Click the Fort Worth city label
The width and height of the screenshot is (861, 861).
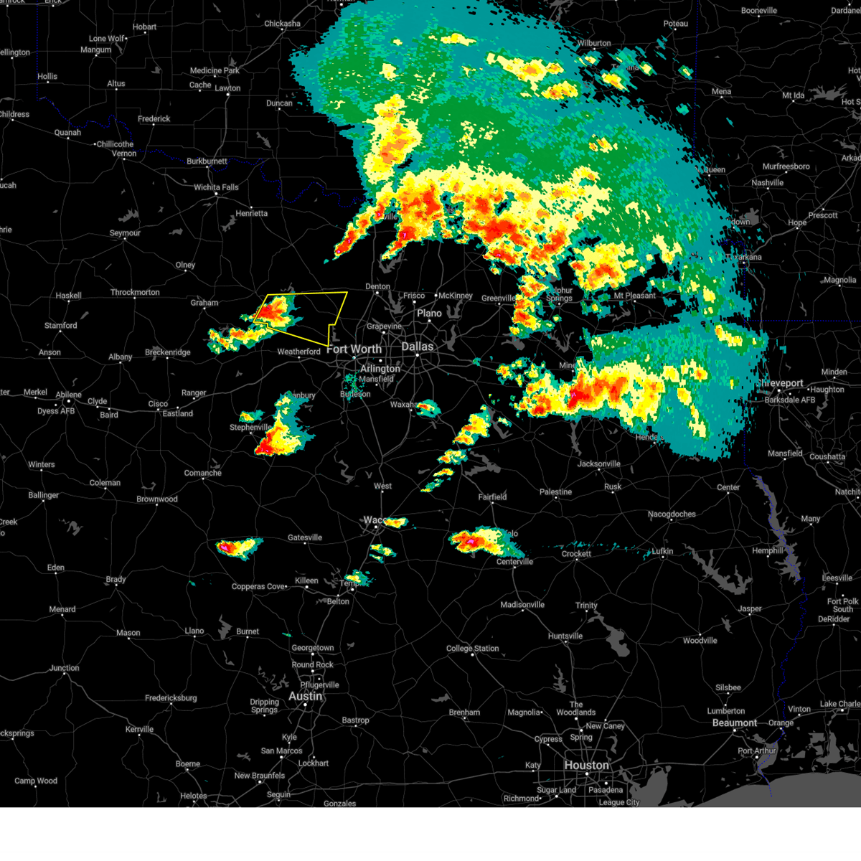(x=354, y=349)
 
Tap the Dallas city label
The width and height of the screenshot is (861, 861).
(x=417, y=347)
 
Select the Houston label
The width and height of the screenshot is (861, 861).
(x=586, y=765)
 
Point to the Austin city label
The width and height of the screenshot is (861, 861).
(x=305, y=696)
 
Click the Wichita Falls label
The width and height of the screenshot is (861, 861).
(x=216, y=187)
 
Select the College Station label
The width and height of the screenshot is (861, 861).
(x=472, y=648)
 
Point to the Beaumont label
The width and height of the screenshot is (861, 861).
(x=735, y=723)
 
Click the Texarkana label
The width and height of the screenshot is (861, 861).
(x=743, y=257)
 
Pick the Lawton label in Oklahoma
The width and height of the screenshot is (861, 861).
(x=227, y=88)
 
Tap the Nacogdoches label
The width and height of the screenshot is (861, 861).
(x=672, y=514)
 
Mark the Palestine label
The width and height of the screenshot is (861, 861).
(x=555, y=491)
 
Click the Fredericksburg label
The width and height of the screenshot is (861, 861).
(x=171, y=697)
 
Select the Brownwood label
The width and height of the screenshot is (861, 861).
(x=157, y=499)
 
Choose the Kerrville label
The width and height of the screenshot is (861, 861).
(x=139, y=729)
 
